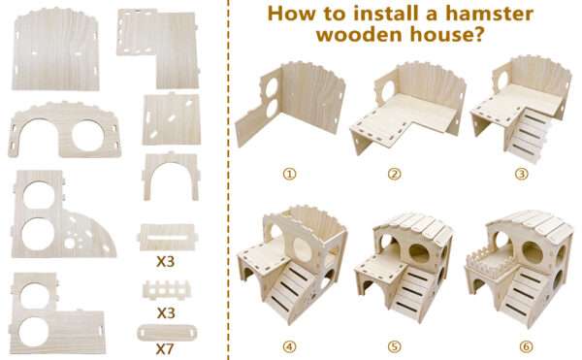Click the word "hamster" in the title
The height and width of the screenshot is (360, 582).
click(489, 14)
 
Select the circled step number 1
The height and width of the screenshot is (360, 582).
click(289, 174)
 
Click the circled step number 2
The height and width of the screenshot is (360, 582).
click(394, 174)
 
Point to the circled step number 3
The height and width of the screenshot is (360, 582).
click(521, 174)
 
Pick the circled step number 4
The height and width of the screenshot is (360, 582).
click(289, 346)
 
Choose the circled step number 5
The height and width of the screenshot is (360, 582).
click(394, 346)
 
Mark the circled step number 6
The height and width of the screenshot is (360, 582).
click(526, 346)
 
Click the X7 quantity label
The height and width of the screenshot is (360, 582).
click(165, 349)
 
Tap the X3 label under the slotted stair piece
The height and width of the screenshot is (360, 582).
click(166, 262)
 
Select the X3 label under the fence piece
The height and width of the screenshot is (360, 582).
click(166, 312)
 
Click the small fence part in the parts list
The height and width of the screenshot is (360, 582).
click(167, 290)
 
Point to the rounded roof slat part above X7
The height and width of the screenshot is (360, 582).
click(167, 332)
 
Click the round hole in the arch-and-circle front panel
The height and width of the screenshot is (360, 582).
click(87, 135)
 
